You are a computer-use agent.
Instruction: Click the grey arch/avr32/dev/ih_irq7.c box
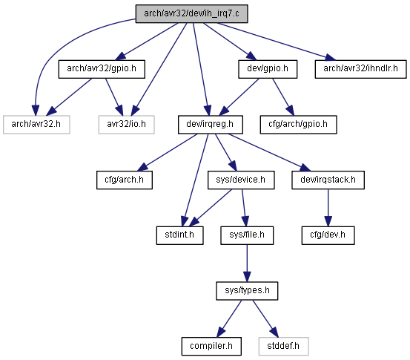[x=191, y=13]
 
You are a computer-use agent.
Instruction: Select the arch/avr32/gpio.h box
[x=102, y=69]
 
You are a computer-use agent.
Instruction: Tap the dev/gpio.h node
[x=268, y=69]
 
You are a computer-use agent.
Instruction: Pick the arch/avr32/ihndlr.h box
[x=360, y=69]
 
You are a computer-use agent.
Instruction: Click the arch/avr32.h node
[x=36, y=125]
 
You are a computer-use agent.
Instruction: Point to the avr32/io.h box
[x=126, y=125]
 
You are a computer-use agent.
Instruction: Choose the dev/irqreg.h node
[x=211, y=125]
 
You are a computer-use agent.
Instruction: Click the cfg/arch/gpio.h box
[x=298, y=125]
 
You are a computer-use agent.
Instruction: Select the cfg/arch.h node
[x=125, y=180]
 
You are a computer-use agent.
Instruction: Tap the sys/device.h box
[x=241, y=180]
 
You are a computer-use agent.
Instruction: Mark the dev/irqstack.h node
[x=328, y=180]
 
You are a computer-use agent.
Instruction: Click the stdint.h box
[x=179, y=235]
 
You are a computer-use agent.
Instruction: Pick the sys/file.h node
[x=247, y=235]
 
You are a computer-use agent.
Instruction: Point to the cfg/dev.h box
[x=328, y=235]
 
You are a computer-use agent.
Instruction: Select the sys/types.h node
[x=247, y=291]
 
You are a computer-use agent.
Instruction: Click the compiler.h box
[x=211, y=347]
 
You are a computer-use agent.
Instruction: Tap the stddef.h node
[x=283, y=347]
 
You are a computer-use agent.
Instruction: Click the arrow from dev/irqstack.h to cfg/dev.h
[x=328, y=208]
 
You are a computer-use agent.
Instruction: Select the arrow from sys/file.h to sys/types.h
[x=247, y=263]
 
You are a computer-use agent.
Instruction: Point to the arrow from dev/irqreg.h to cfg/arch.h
[x=168, y=152]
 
